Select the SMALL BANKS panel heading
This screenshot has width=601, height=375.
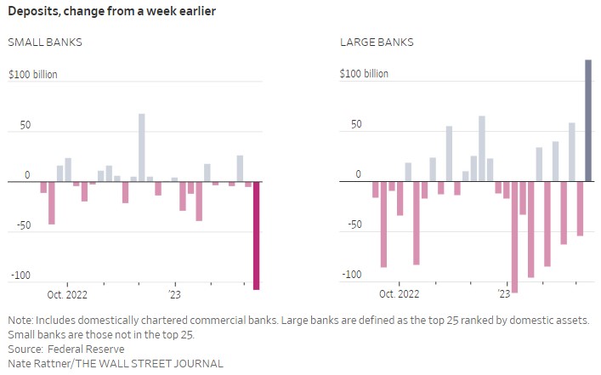(x=45, y=42)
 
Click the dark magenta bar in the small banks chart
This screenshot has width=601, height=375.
(x=257, y=236)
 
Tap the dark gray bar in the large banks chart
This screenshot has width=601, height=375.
(x=588, y=120)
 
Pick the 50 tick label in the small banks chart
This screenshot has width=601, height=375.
(x=26, y=125)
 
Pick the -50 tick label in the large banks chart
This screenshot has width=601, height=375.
(x=353, y=225)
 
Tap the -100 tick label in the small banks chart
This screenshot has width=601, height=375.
(x=20, y=276)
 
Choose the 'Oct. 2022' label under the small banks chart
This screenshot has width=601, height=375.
(x=67, y=294)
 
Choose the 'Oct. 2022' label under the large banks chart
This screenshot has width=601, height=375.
(x=399, y=294)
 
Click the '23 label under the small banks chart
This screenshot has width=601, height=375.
(x=174, y=294)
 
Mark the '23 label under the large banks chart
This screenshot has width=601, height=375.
(x=503, y=294)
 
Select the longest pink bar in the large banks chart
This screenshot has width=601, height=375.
(x=514, y=236)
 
